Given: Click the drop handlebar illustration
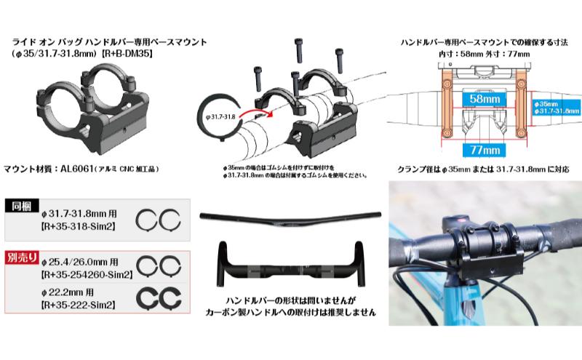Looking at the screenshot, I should point(290,261).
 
